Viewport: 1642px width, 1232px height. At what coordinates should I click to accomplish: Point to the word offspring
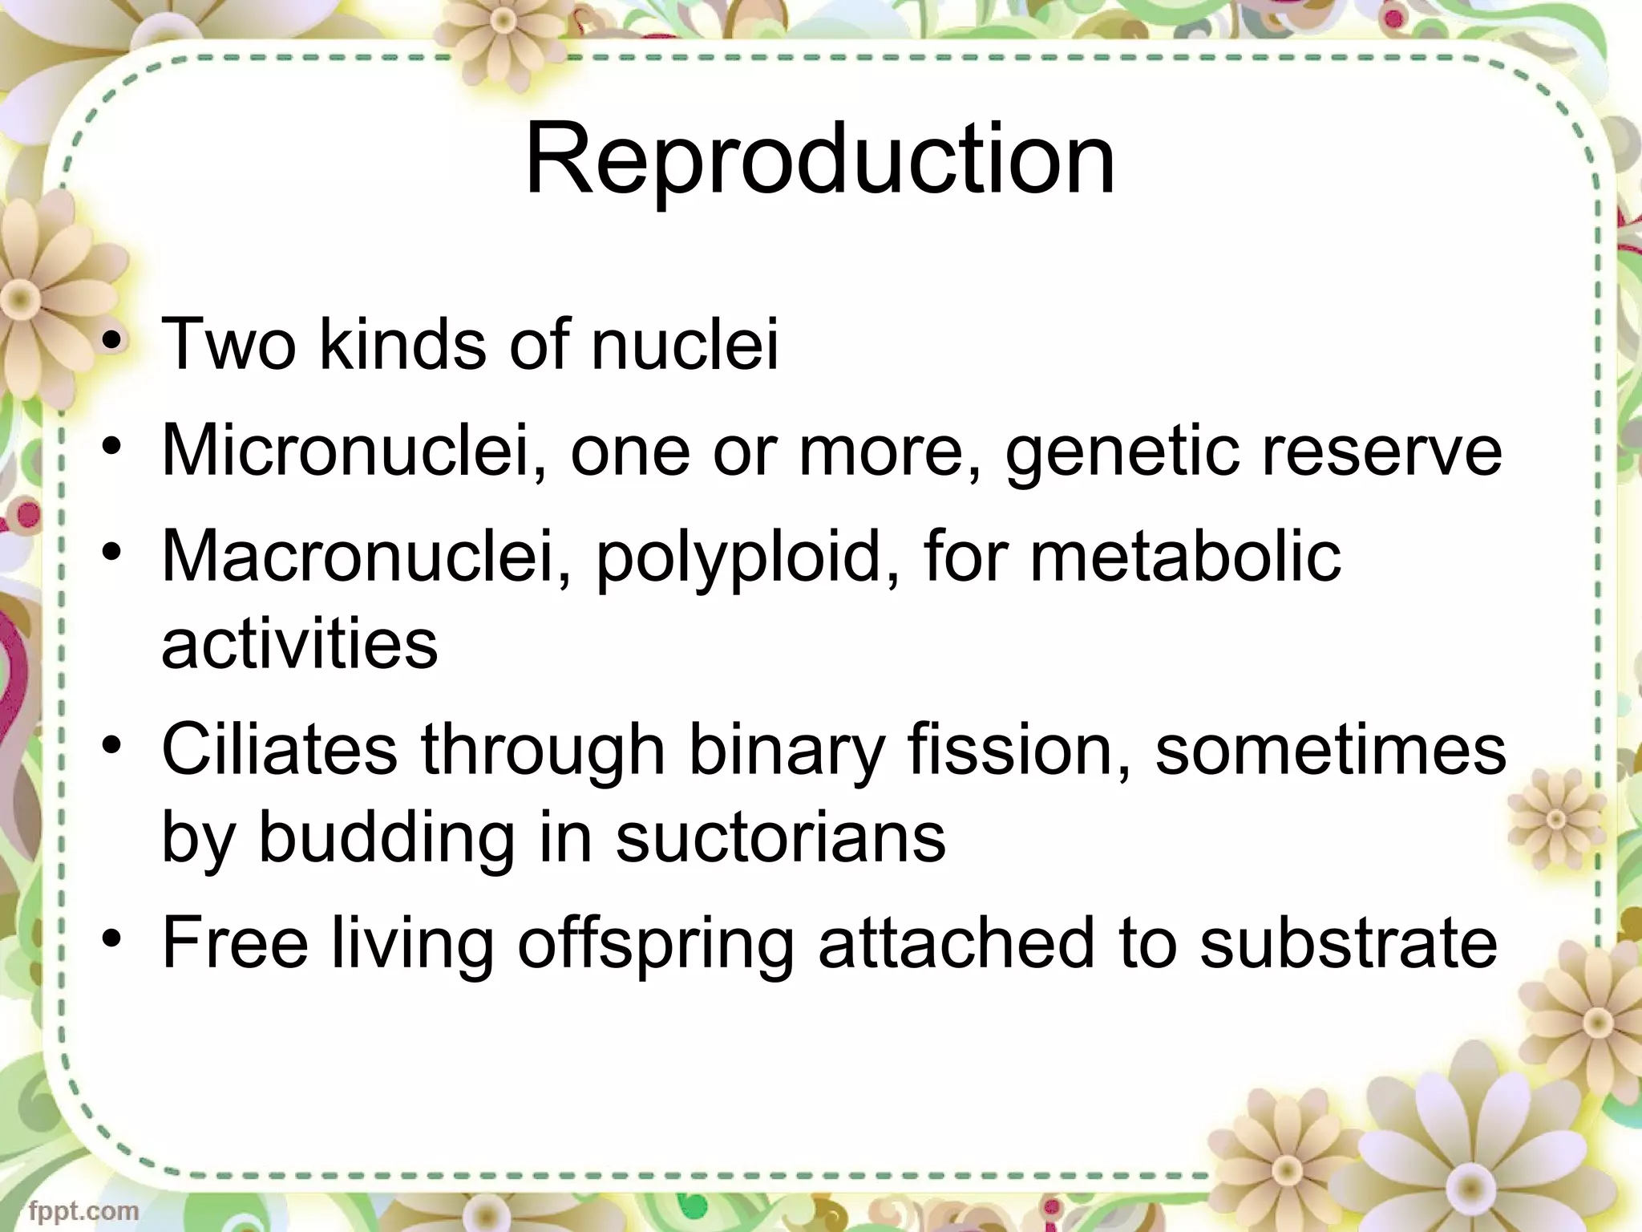[654, 945]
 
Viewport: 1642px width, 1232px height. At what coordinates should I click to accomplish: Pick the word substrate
[1349, 943]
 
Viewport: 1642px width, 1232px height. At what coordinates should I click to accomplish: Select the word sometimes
[1330, 750]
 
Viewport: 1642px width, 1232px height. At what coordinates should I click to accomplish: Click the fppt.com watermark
[83, 1210]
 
